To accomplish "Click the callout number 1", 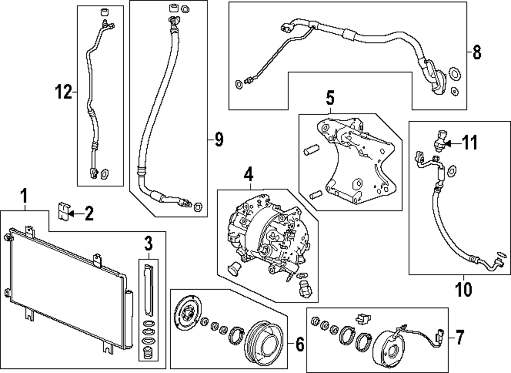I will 23,195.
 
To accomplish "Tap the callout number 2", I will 89,213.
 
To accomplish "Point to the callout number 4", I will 248,175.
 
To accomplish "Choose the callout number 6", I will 299,345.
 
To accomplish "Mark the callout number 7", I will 459,337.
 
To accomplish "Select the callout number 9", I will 219,140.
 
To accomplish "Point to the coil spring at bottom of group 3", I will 149,353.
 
